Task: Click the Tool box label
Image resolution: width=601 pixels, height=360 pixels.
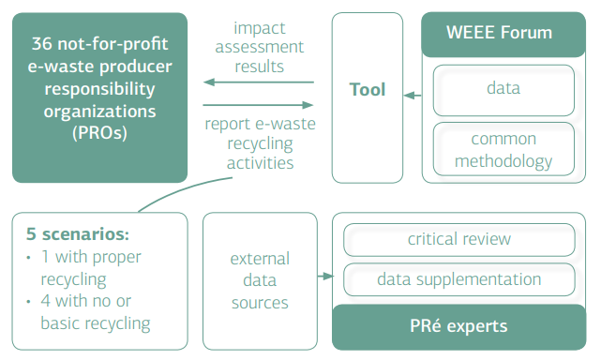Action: (x=367, y=90)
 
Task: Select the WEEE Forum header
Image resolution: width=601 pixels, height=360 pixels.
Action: (x=504, y=34)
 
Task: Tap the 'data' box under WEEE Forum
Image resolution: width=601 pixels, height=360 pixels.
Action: (x=503, y=89)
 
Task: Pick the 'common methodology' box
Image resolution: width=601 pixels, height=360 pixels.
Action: (x=503, y=150)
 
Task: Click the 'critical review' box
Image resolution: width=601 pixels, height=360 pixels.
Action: (x=458, y=239)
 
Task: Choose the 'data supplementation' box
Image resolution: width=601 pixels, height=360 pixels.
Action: (x=458, y=279)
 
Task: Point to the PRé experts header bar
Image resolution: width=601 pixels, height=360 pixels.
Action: (x=458, y=326)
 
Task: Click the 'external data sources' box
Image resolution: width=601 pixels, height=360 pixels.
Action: (x=260, y=279)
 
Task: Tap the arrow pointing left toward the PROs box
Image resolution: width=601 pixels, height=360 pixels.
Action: (x=258, y=82)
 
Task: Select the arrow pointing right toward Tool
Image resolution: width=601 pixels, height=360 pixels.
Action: (x=258, y=105)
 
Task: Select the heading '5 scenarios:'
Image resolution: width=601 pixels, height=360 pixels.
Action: (x=77, y=233)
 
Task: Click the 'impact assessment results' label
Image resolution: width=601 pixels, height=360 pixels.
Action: (x=259, y=46)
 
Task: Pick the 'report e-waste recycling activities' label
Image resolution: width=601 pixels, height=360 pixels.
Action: (x=259, y=142)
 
